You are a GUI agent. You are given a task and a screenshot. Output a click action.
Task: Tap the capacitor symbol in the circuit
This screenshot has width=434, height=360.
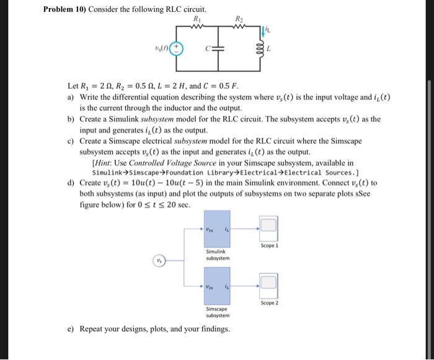click(218, 48)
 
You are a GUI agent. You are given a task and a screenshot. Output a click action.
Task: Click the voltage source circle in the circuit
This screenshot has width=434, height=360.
click(176, 48)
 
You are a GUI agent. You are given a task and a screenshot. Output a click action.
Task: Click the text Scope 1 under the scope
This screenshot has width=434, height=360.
click(270, 245)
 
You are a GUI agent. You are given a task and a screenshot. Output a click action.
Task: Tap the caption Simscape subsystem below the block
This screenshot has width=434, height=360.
click(217, 312)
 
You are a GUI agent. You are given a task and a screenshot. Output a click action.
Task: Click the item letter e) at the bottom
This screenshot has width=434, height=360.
click(71, 328)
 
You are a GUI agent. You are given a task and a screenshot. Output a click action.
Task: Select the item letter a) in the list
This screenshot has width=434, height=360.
click(71, 98)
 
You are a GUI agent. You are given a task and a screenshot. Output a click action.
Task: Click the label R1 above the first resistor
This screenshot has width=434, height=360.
click(198, 19)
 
